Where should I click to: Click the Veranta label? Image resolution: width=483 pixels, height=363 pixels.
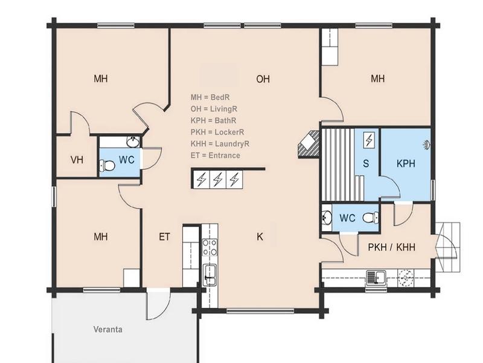108,329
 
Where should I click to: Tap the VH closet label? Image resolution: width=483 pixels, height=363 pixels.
77,160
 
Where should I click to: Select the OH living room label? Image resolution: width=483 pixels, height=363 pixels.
263,79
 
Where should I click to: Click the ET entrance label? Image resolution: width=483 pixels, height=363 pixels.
164,237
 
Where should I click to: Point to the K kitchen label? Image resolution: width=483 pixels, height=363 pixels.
260,237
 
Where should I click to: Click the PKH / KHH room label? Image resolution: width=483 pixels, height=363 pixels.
391,247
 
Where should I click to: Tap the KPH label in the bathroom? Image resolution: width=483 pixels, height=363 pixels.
406,163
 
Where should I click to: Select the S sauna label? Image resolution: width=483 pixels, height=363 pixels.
366,163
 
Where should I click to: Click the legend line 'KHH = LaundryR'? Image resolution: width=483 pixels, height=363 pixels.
220,144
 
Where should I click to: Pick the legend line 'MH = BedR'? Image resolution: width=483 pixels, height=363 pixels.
210,97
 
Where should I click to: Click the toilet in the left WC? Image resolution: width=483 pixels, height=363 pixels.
107,166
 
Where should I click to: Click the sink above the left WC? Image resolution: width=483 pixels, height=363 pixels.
133,142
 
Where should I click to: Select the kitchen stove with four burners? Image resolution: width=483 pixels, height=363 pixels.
210,247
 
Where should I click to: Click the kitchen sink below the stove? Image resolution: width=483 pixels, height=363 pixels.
210,275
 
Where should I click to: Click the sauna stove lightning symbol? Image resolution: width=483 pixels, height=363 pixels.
369,140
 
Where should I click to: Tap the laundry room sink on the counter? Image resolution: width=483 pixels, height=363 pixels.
376,277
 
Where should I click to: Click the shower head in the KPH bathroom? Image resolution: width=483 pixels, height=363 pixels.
427,145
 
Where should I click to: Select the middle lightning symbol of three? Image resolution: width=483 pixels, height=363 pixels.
218,179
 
